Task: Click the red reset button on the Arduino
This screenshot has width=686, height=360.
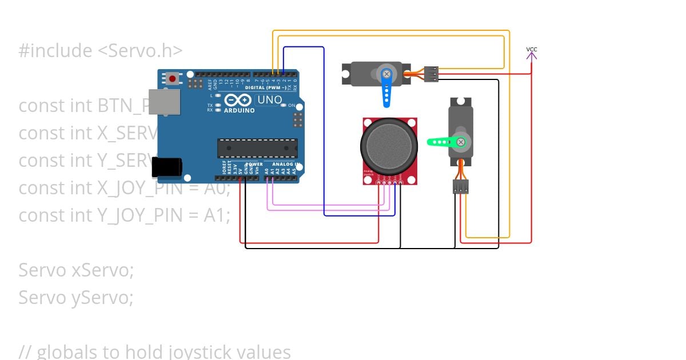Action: (x=172, y=78)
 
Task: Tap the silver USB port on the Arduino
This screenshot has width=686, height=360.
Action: (x=164, y=102)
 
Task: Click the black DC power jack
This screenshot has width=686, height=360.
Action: (x=167, y=167)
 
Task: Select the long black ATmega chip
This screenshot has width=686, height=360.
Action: (x=257, y=147)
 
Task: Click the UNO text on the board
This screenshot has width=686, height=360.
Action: (x=269, y=100)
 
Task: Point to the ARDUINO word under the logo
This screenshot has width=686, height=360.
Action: (x=240, y=110)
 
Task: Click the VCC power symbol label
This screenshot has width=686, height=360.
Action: (x=532, y=50)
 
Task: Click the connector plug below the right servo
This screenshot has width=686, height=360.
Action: (x=461, y=186)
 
